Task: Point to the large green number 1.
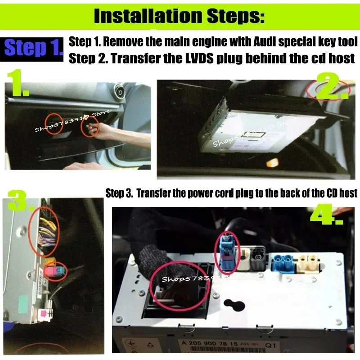(18, 84)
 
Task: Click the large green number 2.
(332, 87)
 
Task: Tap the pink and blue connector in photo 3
(55, 272)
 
